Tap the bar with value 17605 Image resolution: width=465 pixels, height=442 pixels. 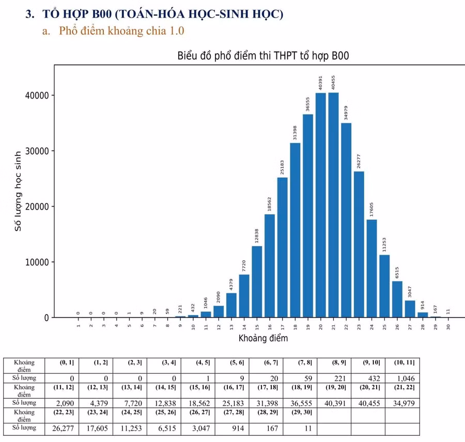pyautogui.click(x=371, y=269)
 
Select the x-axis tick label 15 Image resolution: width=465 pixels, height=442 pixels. pyautogui.click(x=257, y=327)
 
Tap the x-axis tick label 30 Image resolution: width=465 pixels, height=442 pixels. pyautogui.click(x=448, y=327)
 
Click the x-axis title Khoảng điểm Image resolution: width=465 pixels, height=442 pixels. pyautogui.click(x=263, y=339)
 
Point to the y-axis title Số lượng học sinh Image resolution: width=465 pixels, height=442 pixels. pyautogui.click(x=18, y=191)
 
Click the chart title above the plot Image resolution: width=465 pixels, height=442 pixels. pyautogui.click(x=263, y=56)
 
